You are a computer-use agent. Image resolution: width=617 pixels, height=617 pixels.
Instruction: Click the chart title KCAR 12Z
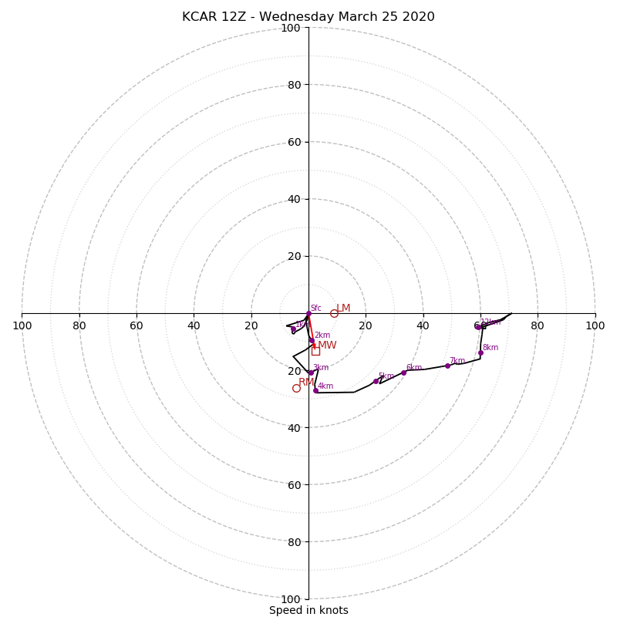(x=308, y=17)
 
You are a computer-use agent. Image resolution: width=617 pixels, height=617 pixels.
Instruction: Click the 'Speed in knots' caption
(x=308, y=610)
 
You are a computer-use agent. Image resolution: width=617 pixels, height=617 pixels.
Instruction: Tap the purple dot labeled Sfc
(x=308, y=313)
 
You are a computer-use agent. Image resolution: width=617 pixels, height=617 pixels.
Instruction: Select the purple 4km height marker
(x=315, y=390)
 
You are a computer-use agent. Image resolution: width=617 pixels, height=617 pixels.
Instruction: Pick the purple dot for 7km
(x=447, y=366)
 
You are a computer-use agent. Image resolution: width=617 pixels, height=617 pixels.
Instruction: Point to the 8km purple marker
(x=480, y=352)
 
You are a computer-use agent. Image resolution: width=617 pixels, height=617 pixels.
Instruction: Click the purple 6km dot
(x=403, y=373)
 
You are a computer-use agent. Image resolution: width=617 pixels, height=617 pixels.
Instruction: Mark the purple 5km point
(x=376, y=381)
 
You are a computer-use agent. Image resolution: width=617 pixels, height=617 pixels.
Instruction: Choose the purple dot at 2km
(x=312, y=340)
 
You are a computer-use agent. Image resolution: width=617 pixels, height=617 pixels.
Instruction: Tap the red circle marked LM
(x=334, y=313)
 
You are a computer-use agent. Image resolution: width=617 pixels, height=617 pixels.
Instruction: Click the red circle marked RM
(x=296, y=388)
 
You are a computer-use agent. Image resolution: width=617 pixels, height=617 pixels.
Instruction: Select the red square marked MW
(x=315, y=351)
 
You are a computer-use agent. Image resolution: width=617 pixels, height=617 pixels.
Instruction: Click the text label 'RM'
(x=306, y=382)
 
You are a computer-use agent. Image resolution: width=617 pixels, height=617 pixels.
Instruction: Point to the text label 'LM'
(x=343, y=308)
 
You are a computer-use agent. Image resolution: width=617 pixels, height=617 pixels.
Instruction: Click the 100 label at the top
(x=291, y=28)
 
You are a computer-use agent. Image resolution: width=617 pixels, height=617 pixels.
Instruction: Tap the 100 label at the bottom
(x=291, y=599)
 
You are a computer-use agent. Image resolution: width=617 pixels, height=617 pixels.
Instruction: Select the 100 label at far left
(x=22, y=325)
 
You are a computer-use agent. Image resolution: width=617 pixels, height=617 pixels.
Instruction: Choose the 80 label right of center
(x=538, y=325)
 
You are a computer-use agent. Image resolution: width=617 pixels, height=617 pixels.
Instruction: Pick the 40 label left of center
(x=194, y=325)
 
